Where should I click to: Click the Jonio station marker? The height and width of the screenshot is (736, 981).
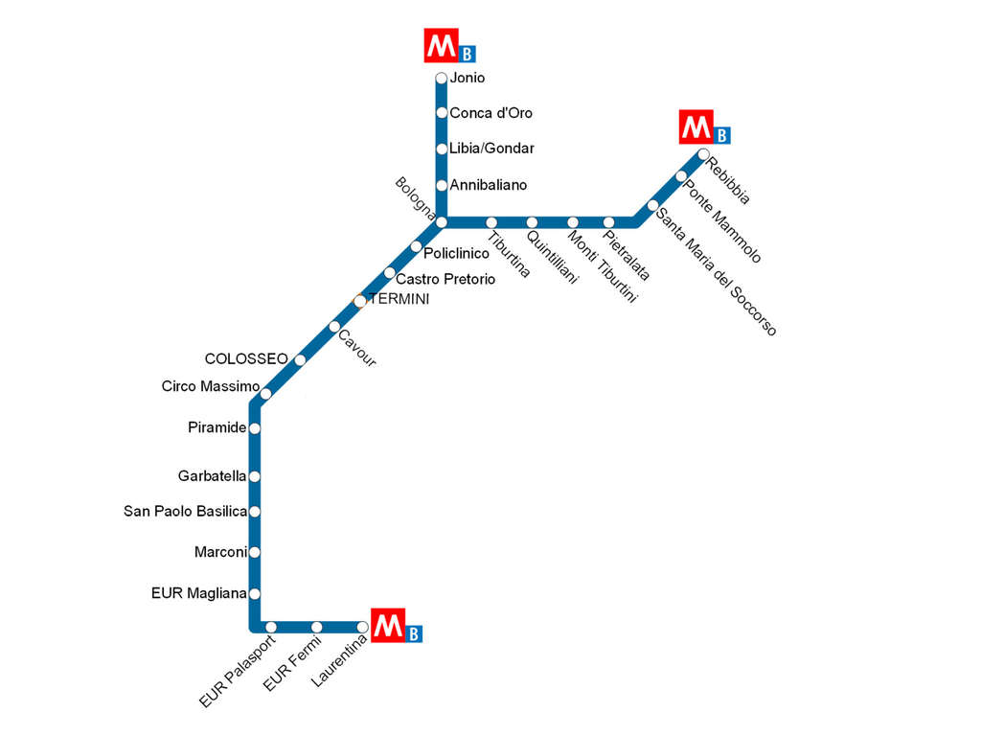point(441,79)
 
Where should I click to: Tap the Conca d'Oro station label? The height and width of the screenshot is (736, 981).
point(491,113)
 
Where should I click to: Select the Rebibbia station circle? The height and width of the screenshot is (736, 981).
point(703,154)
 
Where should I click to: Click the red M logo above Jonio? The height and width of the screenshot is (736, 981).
point(441,46)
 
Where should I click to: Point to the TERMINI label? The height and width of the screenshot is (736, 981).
point(399,299)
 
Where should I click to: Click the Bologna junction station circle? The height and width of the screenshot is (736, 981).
point(441,222)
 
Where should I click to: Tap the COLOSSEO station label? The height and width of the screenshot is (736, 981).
point(246,358)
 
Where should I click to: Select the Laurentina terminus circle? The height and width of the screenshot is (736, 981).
point(362,627)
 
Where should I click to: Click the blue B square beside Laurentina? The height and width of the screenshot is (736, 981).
point(414,634)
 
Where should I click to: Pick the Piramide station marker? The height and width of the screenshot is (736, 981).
point(255,428)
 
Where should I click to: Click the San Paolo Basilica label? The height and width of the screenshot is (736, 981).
point(185,512)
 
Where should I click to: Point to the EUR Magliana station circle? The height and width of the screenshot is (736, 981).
point(255,593)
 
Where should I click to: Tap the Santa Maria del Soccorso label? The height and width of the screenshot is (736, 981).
point(717,272)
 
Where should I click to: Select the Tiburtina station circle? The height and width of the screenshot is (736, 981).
point(491,222)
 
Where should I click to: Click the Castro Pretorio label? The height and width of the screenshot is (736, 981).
point(445,279)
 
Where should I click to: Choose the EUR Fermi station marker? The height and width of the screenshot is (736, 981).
point(316,627)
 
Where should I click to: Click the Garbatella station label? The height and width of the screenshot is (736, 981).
point(212,476)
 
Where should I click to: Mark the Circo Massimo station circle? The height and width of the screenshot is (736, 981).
point(266,394)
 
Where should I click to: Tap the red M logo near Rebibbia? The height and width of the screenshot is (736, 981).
point(696,127)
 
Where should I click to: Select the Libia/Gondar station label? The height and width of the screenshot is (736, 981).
point(491,149)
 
